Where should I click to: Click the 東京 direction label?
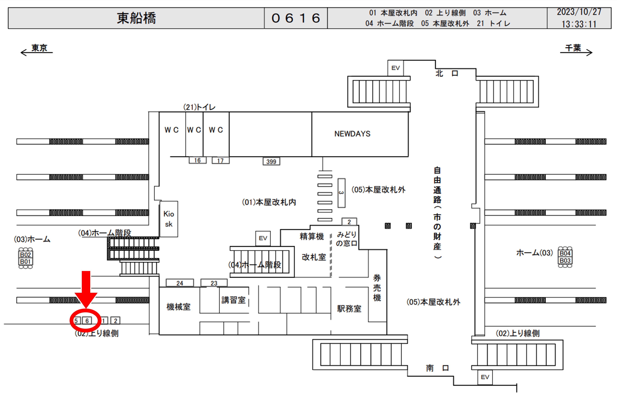[x=39, y=48]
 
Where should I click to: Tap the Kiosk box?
[x=169, y=219]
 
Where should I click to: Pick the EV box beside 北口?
[x=395, y=68]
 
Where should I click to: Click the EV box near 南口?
[x=485, y=377]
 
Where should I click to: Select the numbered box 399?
[x=271, y=161]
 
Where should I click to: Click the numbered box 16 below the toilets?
[x=197, y=160]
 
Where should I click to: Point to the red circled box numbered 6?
[x=87, y=321]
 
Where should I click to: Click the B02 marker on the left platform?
[x=25, y=255]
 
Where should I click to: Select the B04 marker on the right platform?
[x=565, y=253]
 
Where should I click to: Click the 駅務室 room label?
[x=349, y=309]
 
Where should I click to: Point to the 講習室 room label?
[x=233, y=300]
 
